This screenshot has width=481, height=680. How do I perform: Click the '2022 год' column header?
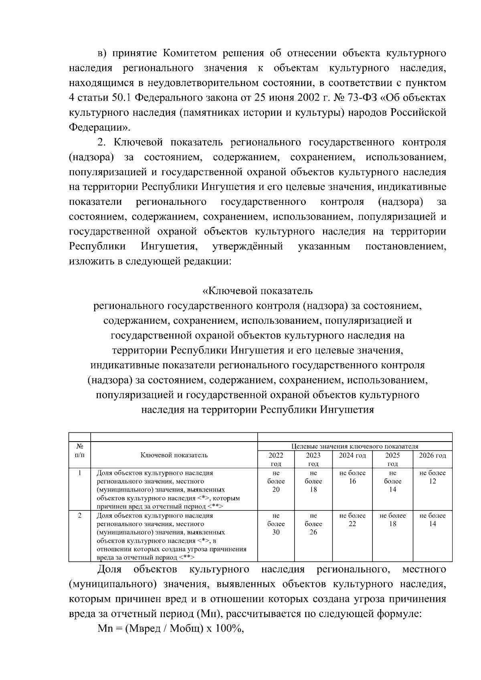276,459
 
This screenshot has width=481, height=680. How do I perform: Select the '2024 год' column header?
352,455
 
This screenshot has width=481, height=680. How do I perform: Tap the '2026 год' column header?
432,455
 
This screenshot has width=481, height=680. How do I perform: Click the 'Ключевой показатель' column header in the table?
174,455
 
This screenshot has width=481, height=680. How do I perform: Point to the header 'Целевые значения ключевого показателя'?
355,446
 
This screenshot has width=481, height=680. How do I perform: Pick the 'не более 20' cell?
276,481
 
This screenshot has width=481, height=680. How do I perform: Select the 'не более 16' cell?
352,477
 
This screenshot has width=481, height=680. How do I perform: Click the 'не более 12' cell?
432,477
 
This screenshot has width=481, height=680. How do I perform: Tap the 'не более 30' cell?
276,524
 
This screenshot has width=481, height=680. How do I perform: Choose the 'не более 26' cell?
313,524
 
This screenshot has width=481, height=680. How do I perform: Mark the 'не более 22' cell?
352,520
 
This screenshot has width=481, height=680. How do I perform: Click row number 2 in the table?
80,515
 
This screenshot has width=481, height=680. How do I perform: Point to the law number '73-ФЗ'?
364,98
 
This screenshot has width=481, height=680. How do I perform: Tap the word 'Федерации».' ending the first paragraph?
100,127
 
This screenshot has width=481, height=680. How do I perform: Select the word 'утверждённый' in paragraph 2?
247,246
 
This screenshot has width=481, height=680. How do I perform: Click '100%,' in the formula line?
230,629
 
